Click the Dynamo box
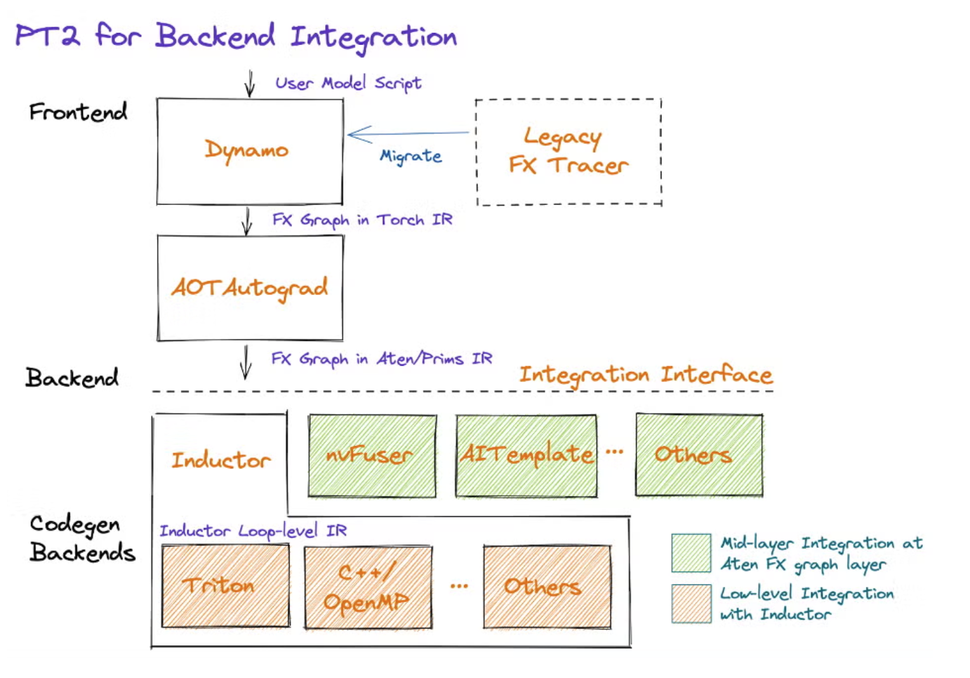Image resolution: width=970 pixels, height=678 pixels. click(x=249, y=151)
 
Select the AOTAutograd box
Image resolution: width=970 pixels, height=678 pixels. click(x=249, y=288)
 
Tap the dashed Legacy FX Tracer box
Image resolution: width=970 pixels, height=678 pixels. click(x=569, y=152)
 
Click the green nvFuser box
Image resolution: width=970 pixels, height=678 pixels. click(x=372, y=455)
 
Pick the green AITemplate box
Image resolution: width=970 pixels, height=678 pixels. click(x=526, y=455)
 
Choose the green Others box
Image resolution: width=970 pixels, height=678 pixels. click(x=699, y=455)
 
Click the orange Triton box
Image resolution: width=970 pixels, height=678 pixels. click(x=225, y=586)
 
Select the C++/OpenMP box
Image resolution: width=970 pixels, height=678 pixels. click(x=368, y=587)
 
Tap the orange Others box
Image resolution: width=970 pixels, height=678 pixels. click(x=547, y=587)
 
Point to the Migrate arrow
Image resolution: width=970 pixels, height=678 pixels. click(x=408, y=134)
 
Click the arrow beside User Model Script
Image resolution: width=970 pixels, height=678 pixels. click(x=249, y=84)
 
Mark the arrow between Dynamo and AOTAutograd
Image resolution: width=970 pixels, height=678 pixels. click(x=247, y=220)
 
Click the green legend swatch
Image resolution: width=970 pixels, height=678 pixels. click(x=691, y=553)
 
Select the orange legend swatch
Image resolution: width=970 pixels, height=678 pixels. click(x=691, y=604)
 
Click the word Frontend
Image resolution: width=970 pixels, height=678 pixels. click(x=78, y=112)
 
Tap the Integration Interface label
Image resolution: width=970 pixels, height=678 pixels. click(x=646, y=375)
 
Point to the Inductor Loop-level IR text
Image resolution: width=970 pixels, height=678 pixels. click(x=253, y=531)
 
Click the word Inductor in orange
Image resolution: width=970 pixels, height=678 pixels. click(x=220, y=460)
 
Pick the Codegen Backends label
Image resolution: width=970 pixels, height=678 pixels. click(x=82, y=538)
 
